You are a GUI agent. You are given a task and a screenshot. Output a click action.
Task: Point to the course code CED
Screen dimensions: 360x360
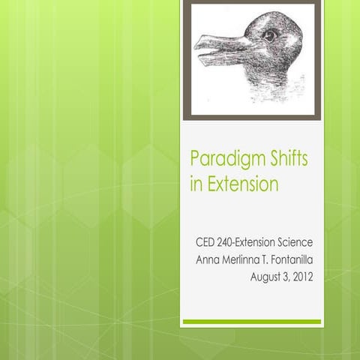point(207,243)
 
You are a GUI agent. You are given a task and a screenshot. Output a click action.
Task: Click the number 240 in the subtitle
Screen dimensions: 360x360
point(232,243)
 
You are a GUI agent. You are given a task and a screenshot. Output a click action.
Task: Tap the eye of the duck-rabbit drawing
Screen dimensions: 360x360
point(268,34)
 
